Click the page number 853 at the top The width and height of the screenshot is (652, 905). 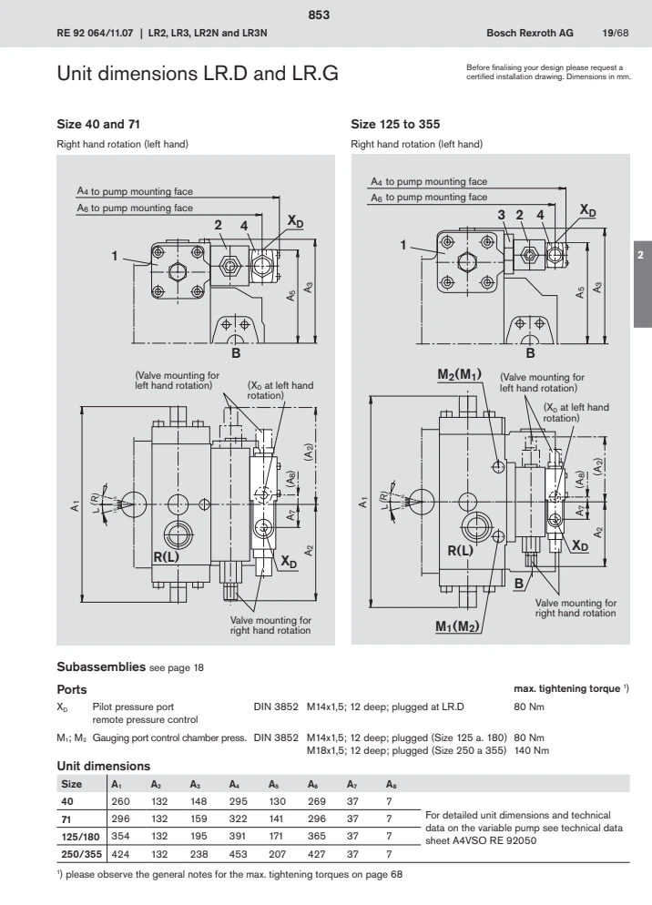325,15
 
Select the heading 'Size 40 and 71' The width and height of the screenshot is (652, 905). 98,122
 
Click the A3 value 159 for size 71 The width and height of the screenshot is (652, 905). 199,819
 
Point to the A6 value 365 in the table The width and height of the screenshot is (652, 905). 316,838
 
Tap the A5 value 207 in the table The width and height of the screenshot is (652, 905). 277,855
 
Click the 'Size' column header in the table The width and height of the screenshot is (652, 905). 71,784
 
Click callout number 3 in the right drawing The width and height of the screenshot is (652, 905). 501,215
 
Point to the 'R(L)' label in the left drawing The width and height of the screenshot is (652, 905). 167,556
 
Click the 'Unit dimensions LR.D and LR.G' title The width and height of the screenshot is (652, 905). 198,73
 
